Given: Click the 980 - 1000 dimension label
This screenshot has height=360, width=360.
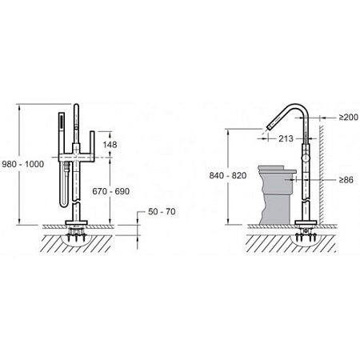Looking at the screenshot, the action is [23, 164].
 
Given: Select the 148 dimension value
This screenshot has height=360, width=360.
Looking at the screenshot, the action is [110, 145].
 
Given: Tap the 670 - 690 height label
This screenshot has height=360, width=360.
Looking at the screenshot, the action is [111, 191].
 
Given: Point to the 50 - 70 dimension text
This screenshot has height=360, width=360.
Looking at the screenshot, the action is [162, 211].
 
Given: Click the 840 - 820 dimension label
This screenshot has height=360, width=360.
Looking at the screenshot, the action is [228, 175].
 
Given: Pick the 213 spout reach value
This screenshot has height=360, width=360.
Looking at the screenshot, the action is [286, 138].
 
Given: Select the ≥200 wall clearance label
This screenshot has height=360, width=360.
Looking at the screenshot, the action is [349, 117].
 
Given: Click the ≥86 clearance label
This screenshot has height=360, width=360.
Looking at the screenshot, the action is [346, 180].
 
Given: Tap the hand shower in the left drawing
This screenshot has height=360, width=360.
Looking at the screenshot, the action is [62, 134].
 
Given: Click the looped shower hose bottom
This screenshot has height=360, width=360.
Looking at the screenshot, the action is [64, 205].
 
